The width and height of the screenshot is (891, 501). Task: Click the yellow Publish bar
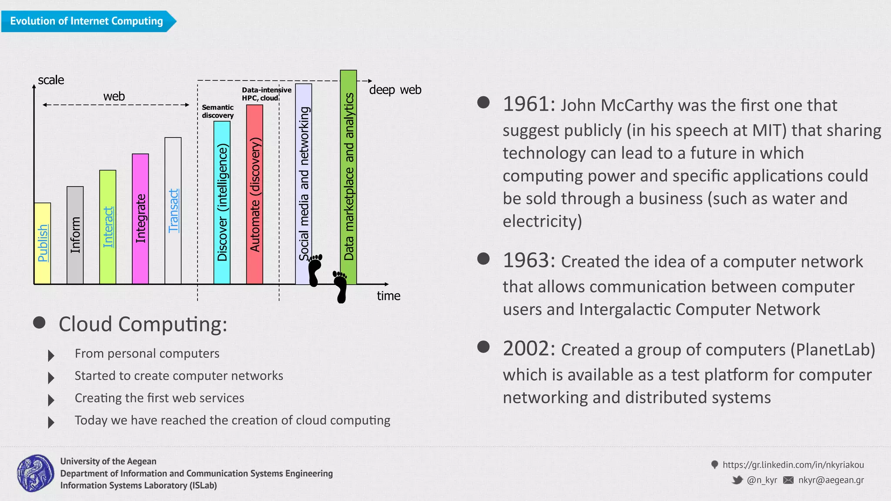click(42, 244)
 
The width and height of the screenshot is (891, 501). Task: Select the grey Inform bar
click(75, 235)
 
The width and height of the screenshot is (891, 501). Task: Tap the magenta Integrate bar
click(140, 219)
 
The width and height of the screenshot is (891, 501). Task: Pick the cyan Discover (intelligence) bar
click(222, 203)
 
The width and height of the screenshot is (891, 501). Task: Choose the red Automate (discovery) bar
click(255, 194)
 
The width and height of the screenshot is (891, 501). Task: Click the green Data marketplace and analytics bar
click(348, 177)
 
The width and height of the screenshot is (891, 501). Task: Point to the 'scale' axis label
click(51, 80)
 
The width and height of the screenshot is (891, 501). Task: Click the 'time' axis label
click(389, 296)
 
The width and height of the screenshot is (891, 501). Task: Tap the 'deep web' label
click(395, 90)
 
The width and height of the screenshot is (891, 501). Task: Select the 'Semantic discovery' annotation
click(218, 111)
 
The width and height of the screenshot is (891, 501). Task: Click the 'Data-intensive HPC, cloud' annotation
click(266, 94)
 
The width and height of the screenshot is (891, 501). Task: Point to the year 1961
click(528, 104)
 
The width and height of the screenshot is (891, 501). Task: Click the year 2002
click(528, 349)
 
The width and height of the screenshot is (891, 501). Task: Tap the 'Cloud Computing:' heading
click(143, 324)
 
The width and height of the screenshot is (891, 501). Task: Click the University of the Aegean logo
click(36, 473)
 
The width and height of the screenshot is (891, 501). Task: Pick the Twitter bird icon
click(737, 480)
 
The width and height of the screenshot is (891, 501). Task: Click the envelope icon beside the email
click(788, 480)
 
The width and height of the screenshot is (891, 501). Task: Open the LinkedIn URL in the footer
click(793, 465)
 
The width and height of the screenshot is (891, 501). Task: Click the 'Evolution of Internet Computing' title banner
click(87, 21)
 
